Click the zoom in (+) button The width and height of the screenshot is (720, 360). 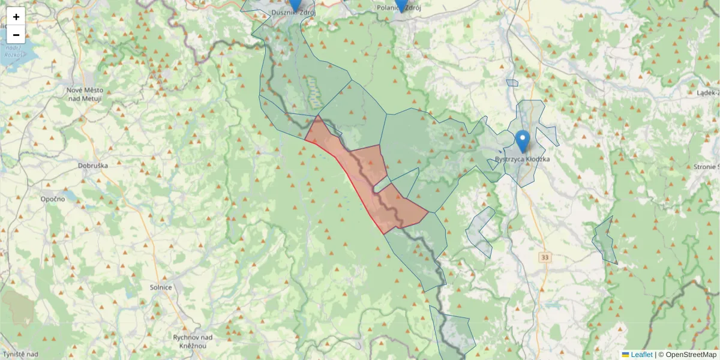coord(16,17)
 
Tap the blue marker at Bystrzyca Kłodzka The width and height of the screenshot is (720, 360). coord(523,141)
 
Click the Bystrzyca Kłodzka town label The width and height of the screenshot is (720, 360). coord(523,159)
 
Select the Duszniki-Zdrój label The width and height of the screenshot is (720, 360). coord(293,12)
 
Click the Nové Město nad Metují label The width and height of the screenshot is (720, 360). coord(84,94)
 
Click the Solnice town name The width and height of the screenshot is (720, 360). coord(161,287)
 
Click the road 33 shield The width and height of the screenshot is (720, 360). coord(545,257)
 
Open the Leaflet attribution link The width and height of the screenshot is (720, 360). coord(641,355)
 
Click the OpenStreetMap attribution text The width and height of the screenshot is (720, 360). coord(691,355)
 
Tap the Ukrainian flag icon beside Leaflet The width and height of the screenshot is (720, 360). coord(626,355)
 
